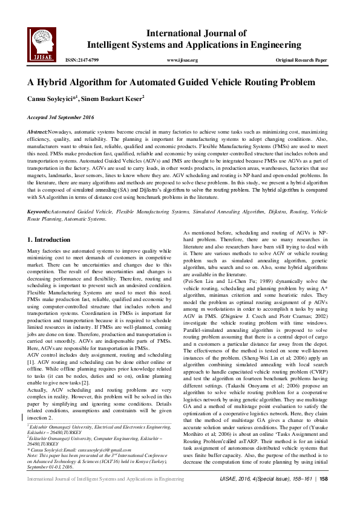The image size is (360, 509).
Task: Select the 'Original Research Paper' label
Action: click(x=301, y=60)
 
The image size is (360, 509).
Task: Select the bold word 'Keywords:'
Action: click(x=39, y=212)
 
